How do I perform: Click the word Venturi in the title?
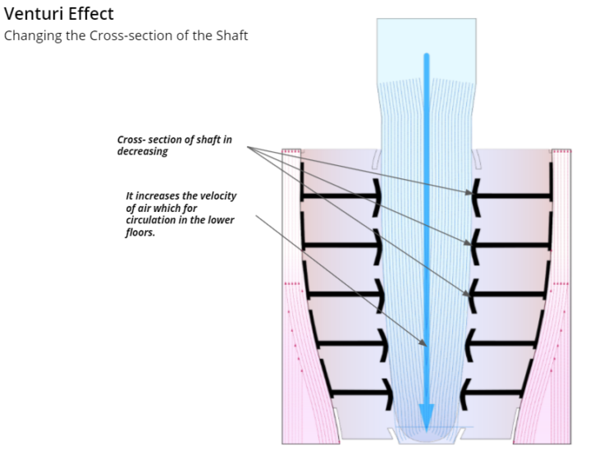(30, 15)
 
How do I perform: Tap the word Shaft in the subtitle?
(229, 36)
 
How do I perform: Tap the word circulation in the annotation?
(152, 220)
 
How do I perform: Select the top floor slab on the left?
(341, 197)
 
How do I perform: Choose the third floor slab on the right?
(505, 293)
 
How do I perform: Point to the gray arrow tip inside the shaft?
(424, 345)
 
